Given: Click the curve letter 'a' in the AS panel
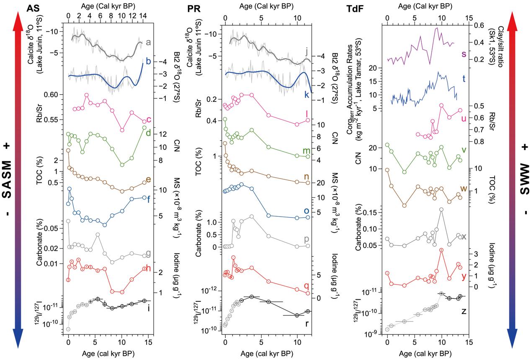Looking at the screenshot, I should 148,42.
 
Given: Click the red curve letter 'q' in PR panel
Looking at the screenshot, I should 306,286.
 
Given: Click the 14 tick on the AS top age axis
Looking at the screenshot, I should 142,16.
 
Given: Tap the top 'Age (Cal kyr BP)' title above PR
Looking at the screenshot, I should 266,7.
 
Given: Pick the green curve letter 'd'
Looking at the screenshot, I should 148,133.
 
